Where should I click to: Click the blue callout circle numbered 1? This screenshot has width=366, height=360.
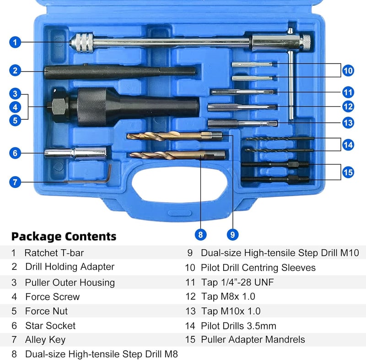pyautogui.click(x=15, y=42)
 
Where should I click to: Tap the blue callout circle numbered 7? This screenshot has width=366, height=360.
pyautogui.click(x=15, y=182)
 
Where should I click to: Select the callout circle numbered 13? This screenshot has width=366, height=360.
pyautogui.click(x=348, y=123)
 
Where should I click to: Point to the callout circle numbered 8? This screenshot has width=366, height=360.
pyautogui.click(x=200, y=235)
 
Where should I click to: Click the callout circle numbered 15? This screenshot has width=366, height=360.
pyautogui.click(x=348, y=172)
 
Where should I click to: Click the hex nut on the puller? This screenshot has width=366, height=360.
pyautogui.click(x=58, y=107)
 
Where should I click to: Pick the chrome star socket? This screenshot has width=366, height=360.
pyautogui.click(x=75, y=153)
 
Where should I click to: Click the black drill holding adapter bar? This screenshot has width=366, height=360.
pyautogui.click(x=120, y=72)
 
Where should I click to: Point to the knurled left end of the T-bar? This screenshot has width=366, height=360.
pyautogui.click(x=82, y=43)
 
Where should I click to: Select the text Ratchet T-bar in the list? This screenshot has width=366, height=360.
pyautogui.click(x=54, y=253)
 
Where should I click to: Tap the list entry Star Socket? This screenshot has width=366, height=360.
pyautogui.click(x=50, y=326)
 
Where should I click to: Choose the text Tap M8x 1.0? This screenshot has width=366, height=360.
pyautogui.click(x=228, y=296)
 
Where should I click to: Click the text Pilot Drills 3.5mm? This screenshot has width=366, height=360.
pyautogui.click(x=238, y=326)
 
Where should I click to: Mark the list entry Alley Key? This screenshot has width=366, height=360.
pyautogui.click(x=45, y=340)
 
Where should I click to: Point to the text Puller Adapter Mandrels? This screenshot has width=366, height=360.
pyautogui.click(x=253, y=339)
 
